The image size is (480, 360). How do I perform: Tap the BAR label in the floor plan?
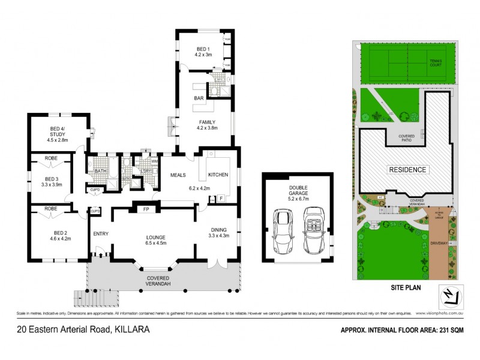point(199,98)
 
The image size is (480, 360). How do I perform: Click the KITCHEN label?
point(218,175)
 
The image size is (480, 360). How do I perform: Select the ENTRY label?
point(100,233)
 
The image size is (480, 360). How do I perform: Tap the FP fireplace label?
point(146,209)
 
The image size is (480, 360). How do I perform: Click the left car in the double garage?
point(283,232)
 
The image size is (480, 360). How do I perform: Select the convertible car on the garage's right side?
point(313,230)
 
